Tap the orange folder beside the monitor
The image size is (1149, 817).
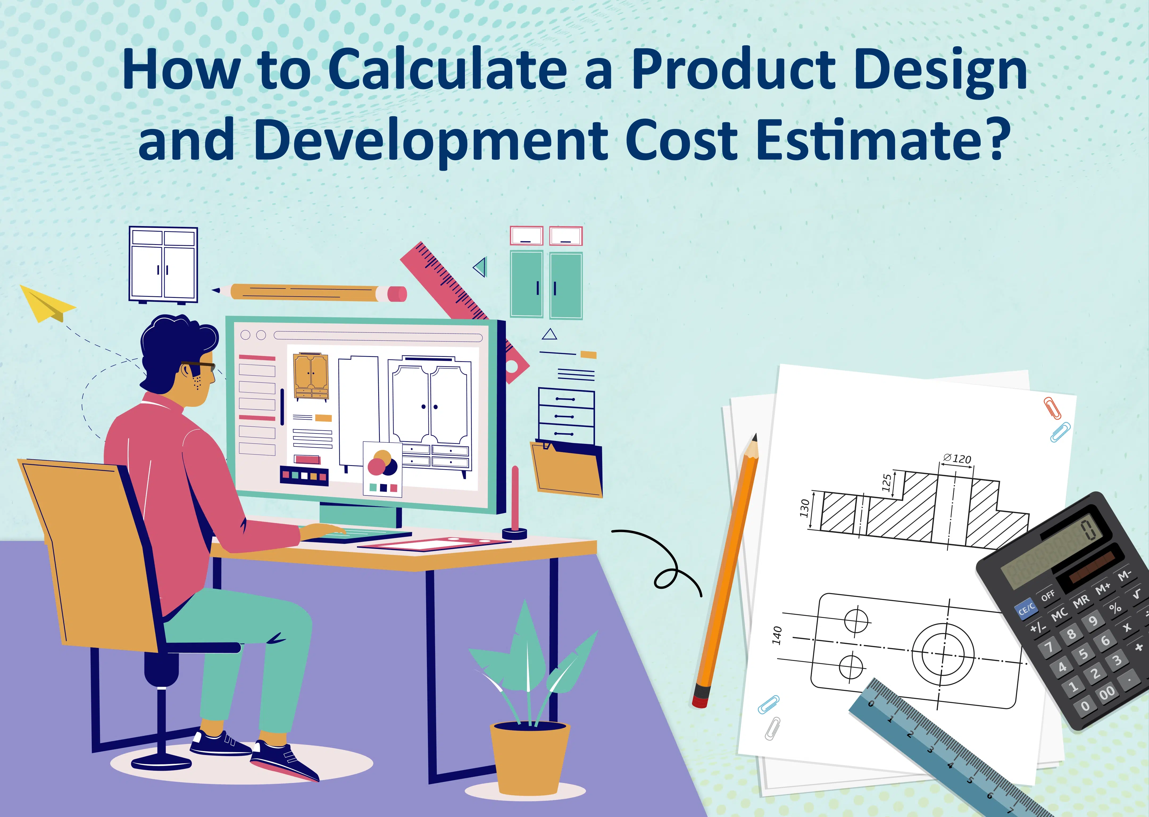click(x=568, y=468)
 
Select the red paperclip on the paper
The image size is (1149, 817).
click(x=1053, y=407)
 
